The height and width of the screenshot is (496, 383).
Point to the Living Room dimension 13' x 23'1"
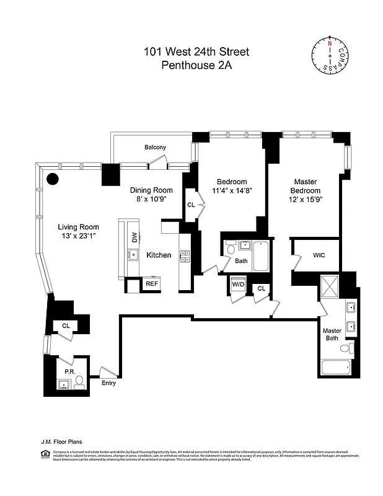[x=79, y=236]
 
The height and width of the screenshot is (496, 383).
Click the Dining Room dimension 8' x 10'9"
[x=151, y=201]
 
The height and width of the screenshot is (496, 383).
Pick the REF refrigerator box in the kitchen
[x=151, y=284]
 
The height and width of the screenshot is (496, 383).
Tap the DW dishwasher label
[x=134, y=237]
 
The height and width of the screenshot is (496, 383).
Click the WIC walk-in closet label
[x=319, y=255]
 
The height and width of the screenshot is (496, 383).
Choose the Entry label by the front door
[x=108, y=383]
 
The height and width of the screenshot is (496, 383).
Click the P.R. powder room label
[x=69, y=372]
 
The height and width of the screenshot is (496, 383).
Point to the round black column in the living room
[x=53, y=180]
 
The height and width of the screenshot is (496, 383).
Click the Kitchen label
[x=159, y=255]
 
